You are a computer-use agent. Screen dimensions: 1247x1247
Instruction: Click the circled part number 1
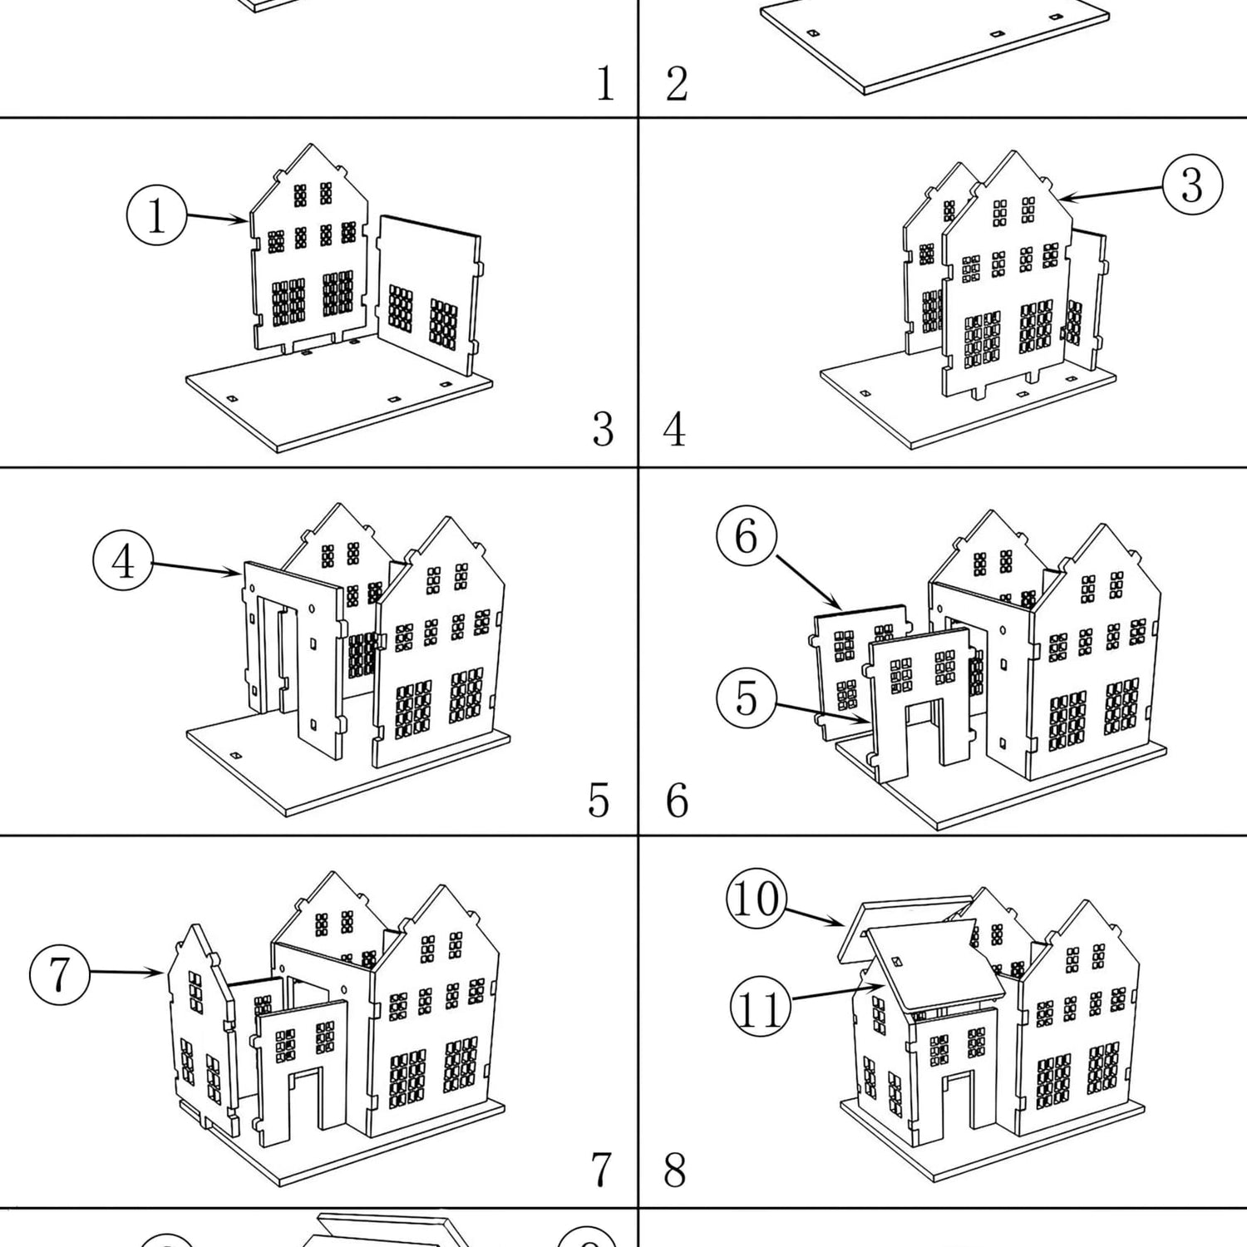point(156,215)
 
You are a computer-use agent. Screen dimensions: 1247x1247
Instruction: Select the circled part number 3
point(1191,185)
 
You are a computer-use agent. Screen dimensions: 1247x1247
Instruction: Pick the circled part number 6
point(746,536)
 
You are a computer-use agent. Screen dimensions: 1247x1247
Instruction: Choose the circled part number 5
point(746,697)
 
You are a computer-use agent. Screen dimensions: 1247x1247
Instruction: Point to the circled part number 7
point(59,973)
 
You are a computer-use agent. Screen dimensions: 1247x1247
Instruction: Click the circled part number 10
point(756,899)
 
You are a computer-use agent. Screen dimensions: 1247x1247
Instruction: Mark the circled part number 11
point(759,1009)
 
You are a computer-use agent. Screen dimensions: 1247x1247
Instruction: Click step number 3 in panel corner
point(603,430)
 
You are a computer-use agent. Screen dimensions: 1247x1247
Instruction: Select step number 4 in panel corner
point(675,430)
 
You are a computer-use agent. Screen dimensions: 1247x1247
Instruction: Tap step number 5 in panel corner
point(599,800)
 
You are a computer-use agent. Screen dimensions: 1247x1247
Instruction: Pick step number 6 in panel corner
point(677,800)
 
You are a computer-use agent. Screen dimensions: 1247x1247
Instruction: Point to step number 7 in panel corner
point(602,1170)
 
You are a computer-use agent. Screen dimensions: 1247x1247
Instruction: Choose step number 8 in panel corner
point(675,1170)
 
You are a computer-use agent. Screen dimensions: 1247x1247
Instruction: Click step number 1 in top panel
point(605,84)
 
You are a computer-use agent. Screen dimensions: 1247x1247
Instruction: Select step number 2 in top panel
point(677,84)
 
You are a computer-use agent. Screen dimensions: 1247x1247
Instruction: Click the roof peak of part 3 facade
point(1013,153)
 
